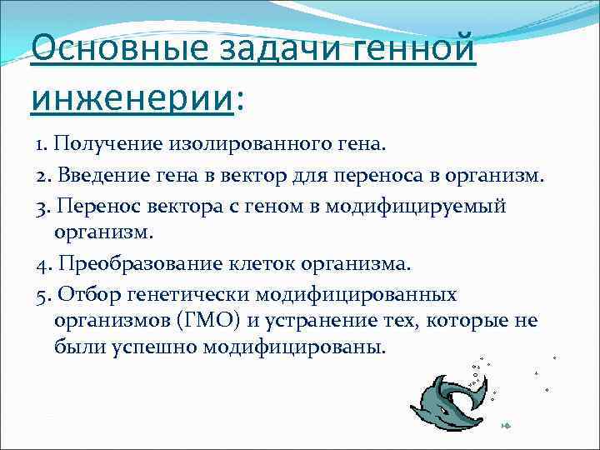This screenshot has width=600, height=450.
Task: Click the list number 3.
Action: (42, 205)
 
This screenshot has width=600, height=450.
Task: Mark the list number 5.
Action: (42, 295)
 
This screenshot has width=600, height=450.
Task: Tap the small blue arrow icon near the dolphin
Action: (505, 427)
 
